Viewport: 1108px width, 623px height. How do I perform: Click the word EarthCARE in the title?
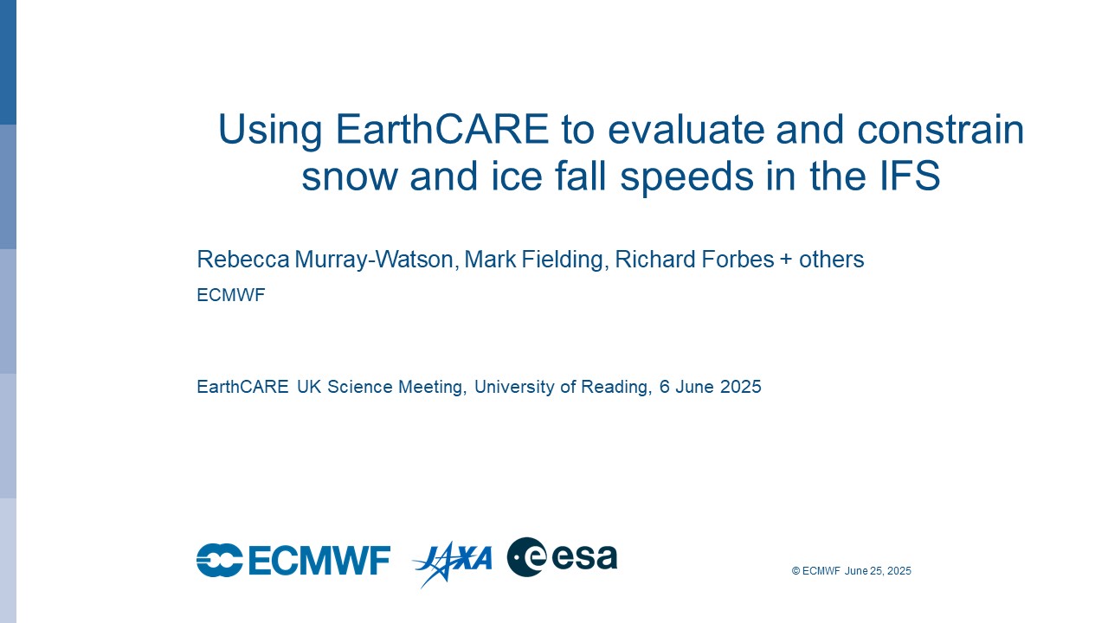click(442, 129)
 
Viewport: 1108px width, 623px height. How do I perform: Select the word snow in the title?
click(350, 177)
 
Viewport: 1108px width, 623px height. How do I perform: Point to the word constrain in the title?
click(940, 130)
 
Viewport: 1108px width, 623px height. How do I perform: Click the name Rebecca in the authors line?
click(243, 259)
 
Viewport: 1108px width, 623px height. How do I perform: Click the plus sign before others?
click(786, 260)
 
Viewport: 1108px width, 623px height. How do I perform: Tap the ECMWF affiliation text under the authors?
click(231, 295)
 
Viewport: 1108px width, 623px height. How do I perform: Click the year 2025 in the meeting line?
click(740, 386)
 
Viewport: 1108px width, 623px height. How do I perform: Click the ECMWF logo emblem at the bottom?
click(220, 560)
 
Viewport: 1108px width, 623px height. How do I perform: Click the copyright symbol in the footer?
click(796, 571)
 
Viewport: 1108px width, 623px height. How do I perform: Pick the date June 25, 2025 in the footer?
click(878, 571)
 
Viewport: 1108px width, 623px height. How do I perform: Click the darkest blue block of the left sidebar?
click(8, 62)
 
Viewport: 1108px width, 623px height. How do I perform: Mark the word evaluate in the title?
click(686, 130)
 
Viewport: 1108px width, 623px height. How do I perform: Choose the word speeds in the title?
click(687, 177)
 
